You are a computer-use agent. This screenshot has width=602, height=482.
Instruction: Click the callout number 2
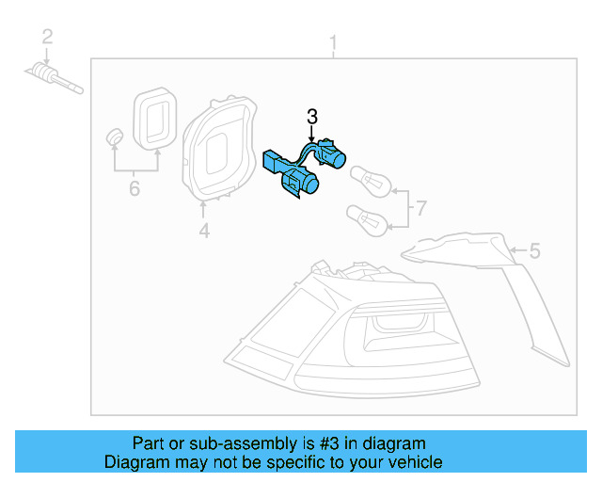(46, 37)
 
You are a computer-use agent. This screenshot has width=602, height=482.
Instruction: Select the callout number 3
(312, 117)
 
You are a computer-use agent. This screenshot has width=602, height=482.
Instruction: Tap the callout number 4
(204, 231)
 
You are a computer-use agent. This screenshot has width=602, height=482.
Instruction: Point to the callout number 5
(534, 250)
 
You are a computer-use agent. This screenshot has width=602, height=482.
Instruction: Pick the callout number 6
(134, 189)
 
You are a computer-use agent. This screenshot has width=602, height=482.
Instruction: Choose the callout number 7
(420, 206)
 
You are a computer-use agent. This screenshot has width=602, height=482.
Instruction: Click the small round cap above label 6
(114, 136)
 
